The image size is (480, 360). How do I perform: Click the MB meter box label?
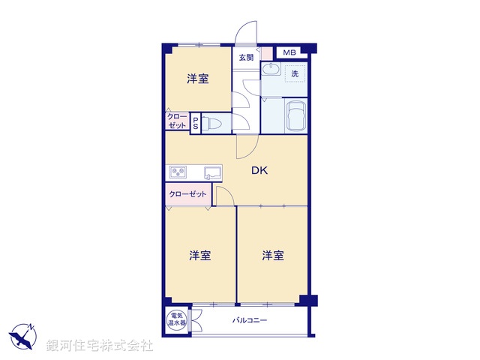(290, 52)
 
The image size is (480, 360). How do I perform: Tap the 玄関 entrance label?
(246, 57)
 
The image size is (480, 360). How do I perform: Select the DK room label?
(259, 171)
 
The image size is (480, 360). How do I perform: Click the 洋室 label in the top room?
(197, 79)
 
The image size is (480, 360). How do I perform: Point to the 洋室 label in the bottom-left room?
(199, 256)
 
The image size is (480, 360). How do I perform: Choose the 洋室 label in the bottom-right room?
(273, 256)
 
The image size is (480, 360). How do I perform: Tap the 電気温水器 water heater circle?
(176, 319)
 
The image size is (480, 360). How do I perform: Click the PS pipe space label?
(195, 124)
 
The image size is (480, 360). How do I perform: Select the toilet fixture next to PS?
(211, 124)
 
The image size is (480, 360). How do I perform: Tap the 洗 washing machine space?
(295, 73)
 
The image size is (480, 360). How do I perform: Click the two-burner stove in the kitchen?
(178, 172)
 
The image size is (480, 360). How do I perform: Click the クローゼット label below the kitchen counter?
(187, 194)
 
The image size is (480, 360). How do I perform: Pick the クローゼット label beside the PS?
(177, 121)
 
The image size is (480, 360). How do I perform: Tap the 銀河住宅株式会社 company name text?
(100, 346)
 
